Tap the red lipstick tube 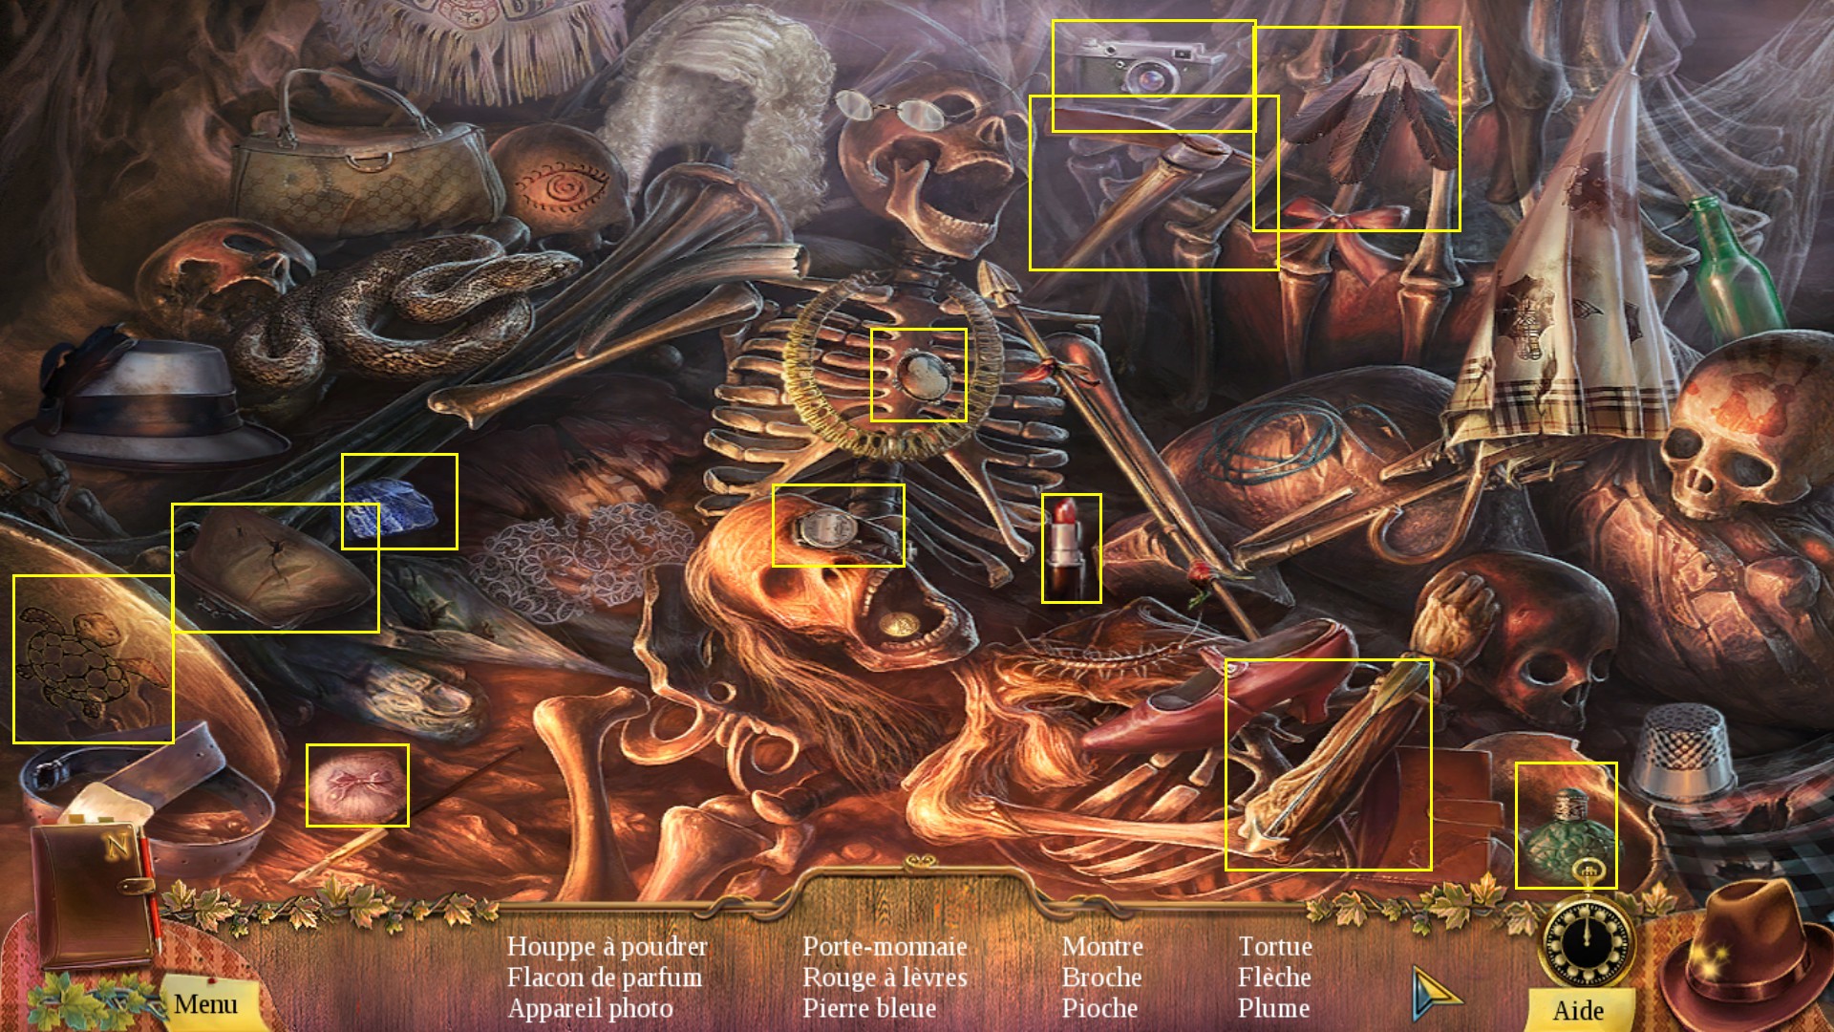(x=1069, y=547)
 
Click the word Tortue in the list (x=1275, y=946)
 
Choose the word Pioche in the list (x=1099, y=1008)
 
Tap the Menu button (x=205, y=1004)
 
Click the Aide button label (x=1578, y=1010)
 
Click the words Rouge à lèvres (x=885, y=978)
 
